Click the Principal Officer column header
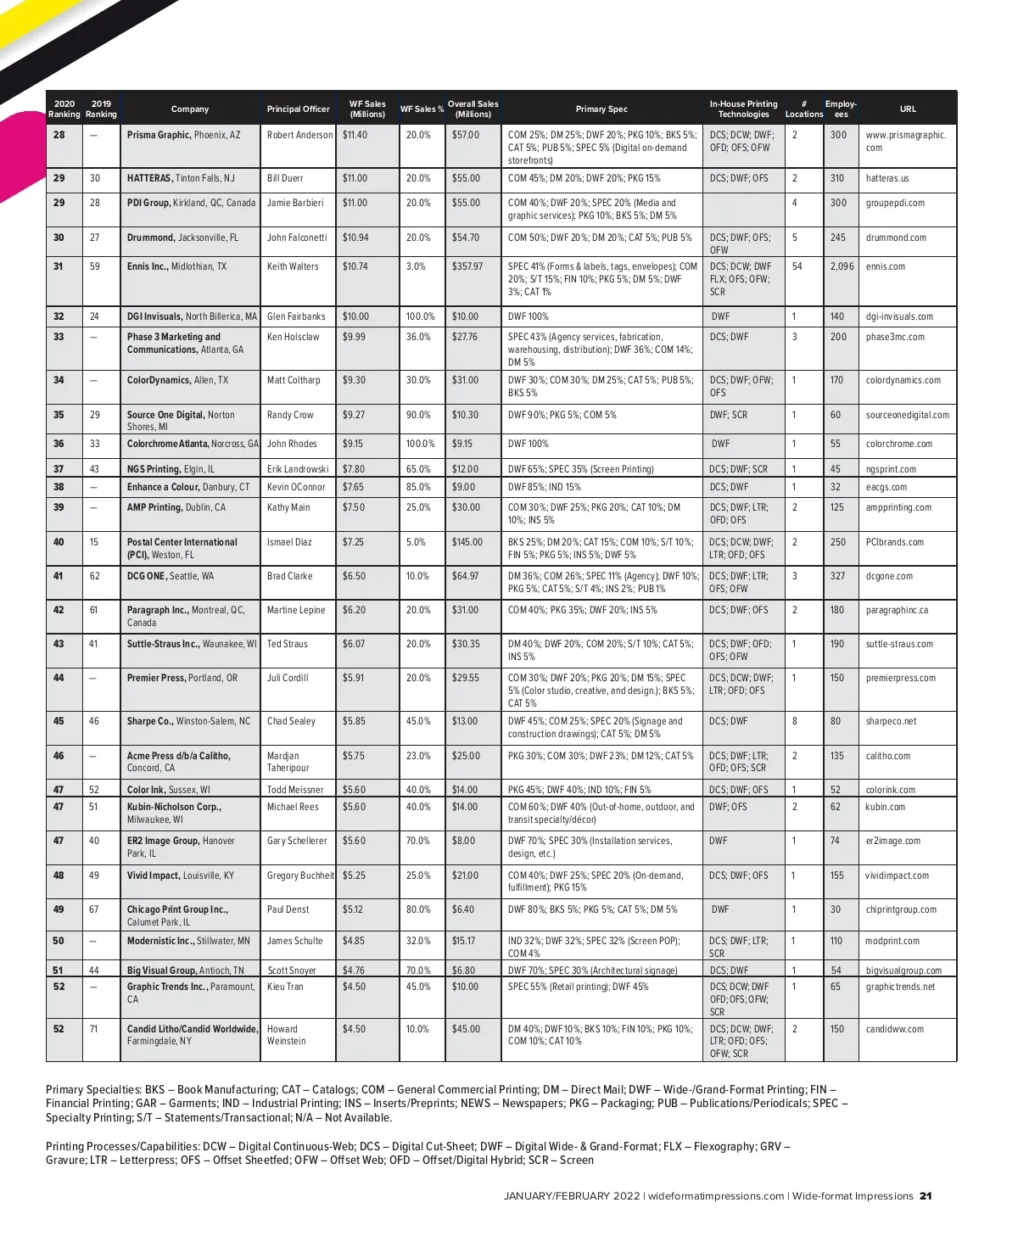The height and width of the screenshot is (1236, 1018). (x=298, y=109)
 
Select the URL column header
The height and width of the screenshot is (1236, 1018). (x=908, y=109)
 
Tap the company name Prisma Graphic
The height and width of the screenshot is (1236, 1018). (x=159, y=135)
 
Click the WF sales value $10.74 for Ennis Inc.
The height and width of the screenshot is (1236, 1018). (x=355, y=266)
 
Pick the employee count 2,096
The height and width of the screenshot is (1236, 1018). (x=842, y=266)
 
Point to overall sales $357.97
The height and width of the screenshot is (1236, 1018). (x=467, y=266)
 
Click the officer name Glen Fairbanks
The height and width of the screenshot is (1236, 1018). (x=296, y=316)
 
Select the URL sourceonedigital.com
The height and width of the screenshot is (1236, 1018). (x=907, y=415)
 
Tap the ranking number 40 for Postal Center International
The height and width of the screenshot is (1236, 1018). (x=59, y=542)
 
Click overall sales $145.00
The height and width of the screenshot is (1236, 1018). (x=467, y=542)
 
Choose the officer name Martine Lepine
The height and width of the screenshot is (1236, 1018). (x=296, y=610)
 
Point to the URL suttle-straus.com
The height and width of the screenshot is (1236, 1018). (x=899, y=644)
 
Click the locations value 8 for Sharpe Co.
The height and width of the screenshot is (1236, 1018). (x=795, y=721)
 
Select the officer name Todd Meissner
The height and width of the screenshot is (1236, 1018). (x=295, y=790)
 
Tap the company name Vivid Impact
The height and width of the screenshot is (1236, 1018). (x=154, y=875)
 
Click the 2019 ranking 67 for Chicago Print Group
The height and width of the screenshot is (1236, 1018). (x=94, y=909)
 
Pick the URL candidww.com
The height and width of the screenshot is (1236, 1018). (x=895, y=1029)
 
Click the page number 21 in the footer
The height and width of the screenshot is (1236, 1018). (x=926, y=1196)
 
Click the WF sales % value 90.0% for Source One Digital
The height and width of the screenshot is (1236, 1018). (x=418, y=415)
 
